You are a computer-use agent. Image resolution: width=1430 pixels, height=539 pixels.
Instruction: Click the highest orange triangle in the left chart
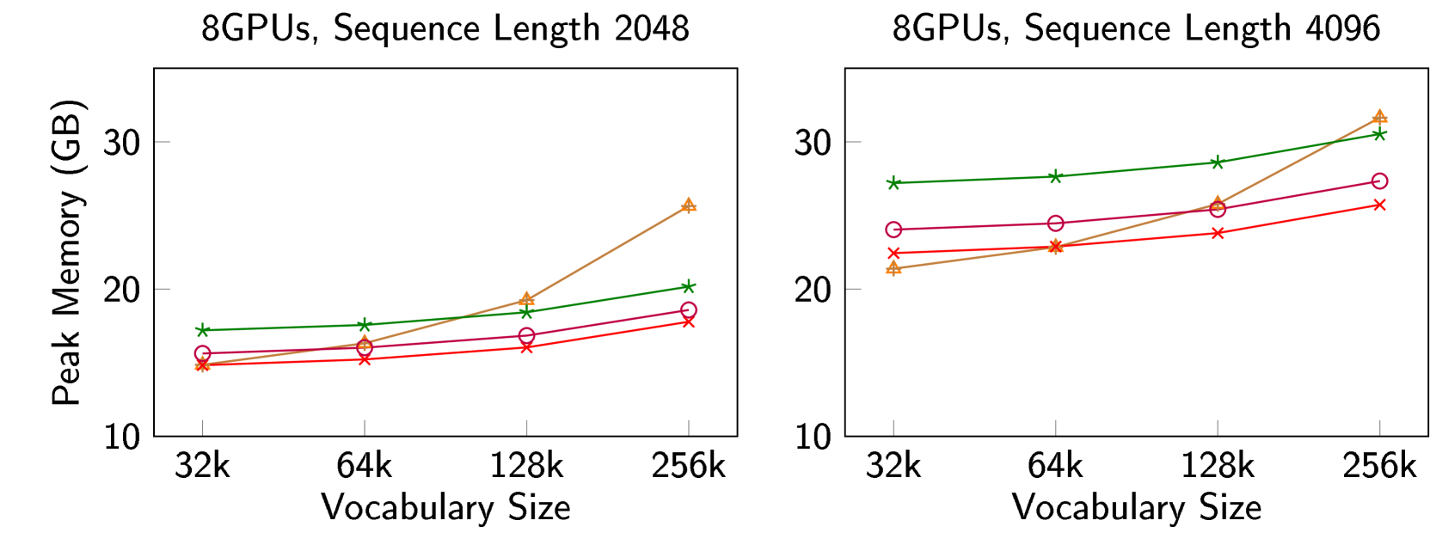(688, 205)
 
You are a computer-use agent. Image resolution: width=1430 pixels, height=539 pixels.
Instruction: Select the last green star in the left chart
(688, 286)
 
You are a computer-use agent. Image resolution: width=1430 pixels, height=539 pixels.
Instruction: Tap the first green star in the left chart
(203, 330)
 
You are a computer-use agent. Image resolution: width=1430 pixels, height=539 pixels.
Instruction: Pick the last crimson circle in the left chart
(688, 310)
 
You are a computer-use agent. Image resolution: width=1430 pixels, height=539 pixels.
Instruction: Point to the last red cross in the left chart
(688, 322)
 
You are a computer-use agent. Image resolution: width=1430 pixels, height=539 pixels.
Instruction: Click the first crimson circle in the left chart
(203, 353)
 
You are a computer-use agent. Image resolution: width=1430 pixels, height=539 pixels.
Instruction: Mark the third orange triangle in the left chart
(526, 299)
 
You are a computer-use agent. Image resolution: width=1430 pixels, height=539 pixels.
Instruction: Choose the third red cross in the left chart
(526, 347)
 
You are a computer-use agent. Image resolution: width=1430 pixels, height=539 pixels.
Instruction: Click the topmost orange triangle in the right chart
(1379, 116)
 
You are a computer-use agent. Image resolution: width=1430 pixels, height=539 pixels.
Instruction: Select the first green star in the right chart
(893, 182)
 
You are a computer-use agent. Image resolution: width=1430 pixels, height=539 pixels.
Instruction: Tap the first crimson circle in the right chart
(893, 230)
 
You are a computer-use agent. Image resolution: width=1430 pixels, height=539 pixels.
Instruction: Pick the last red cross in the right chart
(1379, 205)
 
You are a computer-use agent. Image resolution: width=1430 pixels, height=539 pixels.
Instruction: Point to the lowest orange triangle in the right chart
(893, 268)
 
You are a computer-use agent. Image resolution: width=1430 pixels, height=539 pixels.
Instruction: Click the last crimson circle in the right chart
(1379, 181)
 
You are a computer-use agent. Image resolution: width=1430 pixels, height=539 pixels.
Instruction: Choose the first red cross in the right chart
(893, 253)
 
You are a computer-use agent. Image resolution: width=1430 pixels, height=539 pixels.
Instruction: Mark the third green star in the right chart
(1218, 162)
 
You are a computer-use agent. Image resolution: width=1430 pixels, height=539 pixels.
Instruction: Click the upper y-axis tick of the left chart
(163, 141)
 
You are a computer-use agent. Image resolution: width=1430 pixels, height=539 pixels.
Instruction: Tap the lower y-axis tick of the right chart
(854, 289)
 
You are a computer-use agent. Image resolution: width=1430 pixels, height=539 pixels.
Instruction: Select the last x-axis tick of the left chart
(688, 427)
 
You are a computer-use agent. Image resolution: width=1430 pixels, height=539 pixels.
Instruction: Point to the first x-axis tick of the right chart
(893, 427)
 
